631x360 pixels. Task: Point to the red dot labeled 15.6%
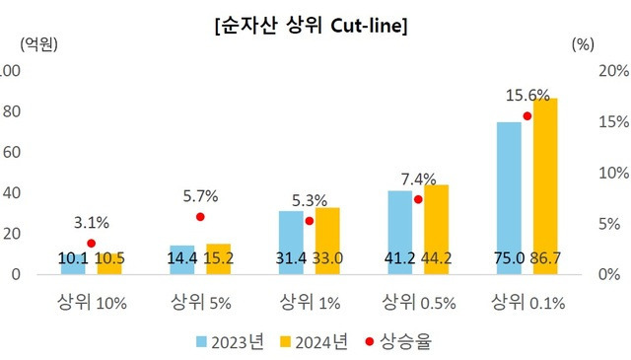tap(526, 116)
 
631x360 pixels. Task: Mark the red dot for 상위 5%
tap(200, 217)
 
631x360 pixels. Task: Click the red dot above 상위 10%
tap(92, 243)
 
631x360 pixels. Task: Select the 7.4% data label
tap(417, 179)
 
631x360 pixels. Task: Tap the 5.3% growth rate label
tap(309, 200)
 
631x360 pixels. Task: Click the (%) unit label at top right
tap(583, 44)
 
